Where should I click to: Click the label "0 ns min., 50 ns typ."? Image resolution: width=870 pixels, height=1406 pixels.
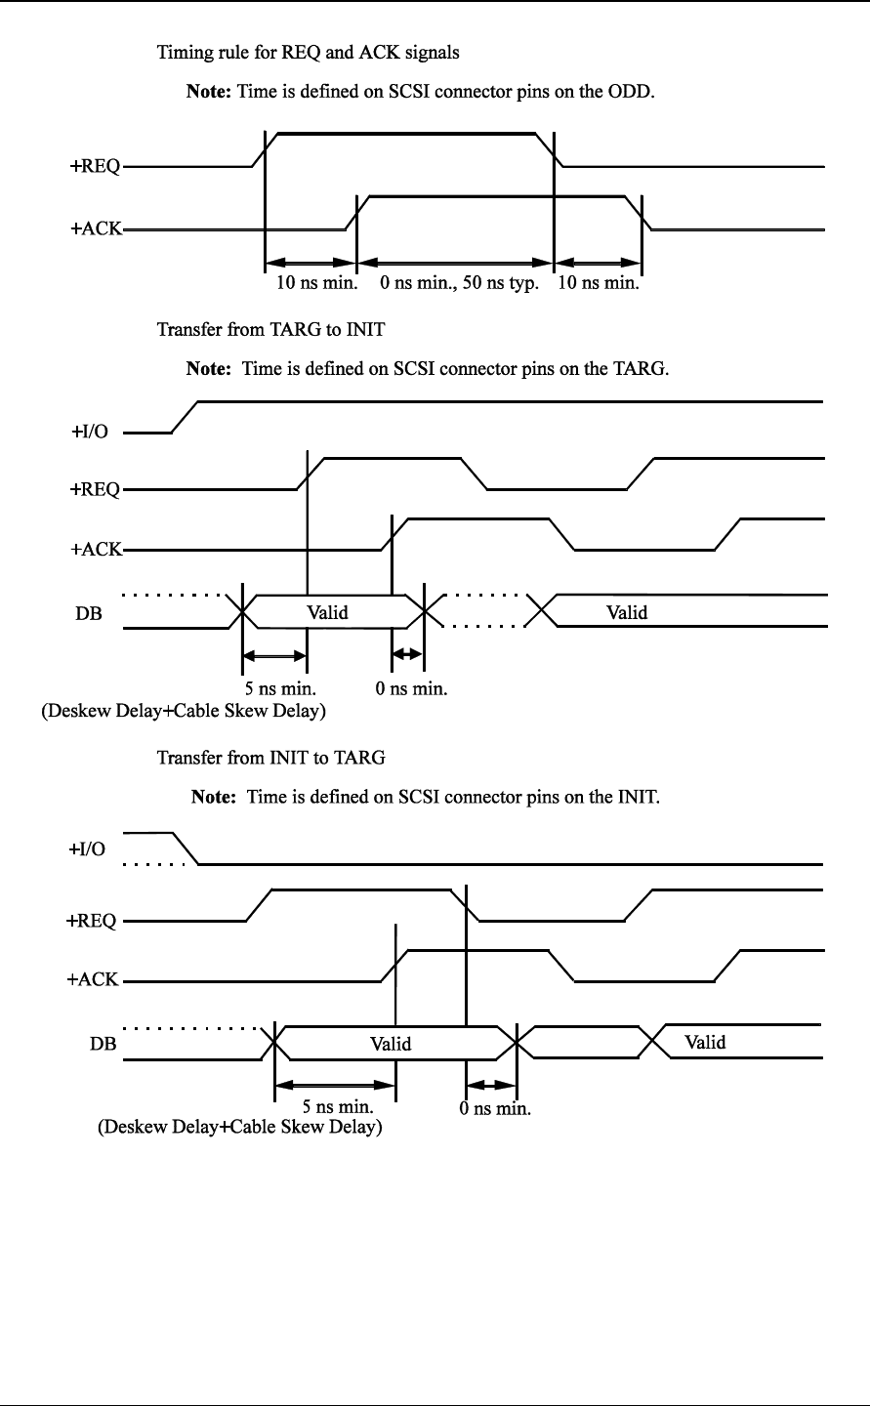(x=459, y=285)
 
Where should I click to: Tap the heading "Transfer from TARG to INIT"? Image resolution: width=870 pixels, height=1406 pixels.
(x=270, y=329)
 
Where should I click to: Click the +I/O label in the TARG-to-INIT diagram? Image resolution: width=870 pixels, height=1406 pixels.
(x=89, y=433)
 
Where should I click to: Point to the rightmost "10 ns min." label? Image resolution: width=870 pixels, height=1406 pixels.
(x=598, y=285)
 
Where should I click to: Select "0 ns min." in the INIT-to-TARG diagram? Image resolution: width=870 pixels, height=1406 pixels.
(x=495, y=1109)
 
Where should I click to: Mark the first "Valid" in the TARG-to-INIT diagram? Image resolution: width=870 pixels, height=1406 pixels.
(x=327, y=613)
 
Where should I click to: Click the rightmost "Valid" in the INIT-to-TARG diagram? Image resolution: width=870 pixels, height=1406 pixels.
(x=705, y=1042)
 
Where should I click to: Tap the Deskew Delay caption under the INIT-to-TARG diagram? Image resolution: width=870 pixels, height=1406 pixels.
(x=238, y=1129)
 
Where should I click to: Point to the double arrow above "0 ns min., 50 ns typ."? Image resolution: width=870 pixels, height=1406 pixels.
(x=455, y=263)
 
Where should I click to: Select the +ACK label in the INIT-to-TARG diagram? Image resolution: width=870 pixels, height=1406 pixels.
(x=93, y=980)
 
